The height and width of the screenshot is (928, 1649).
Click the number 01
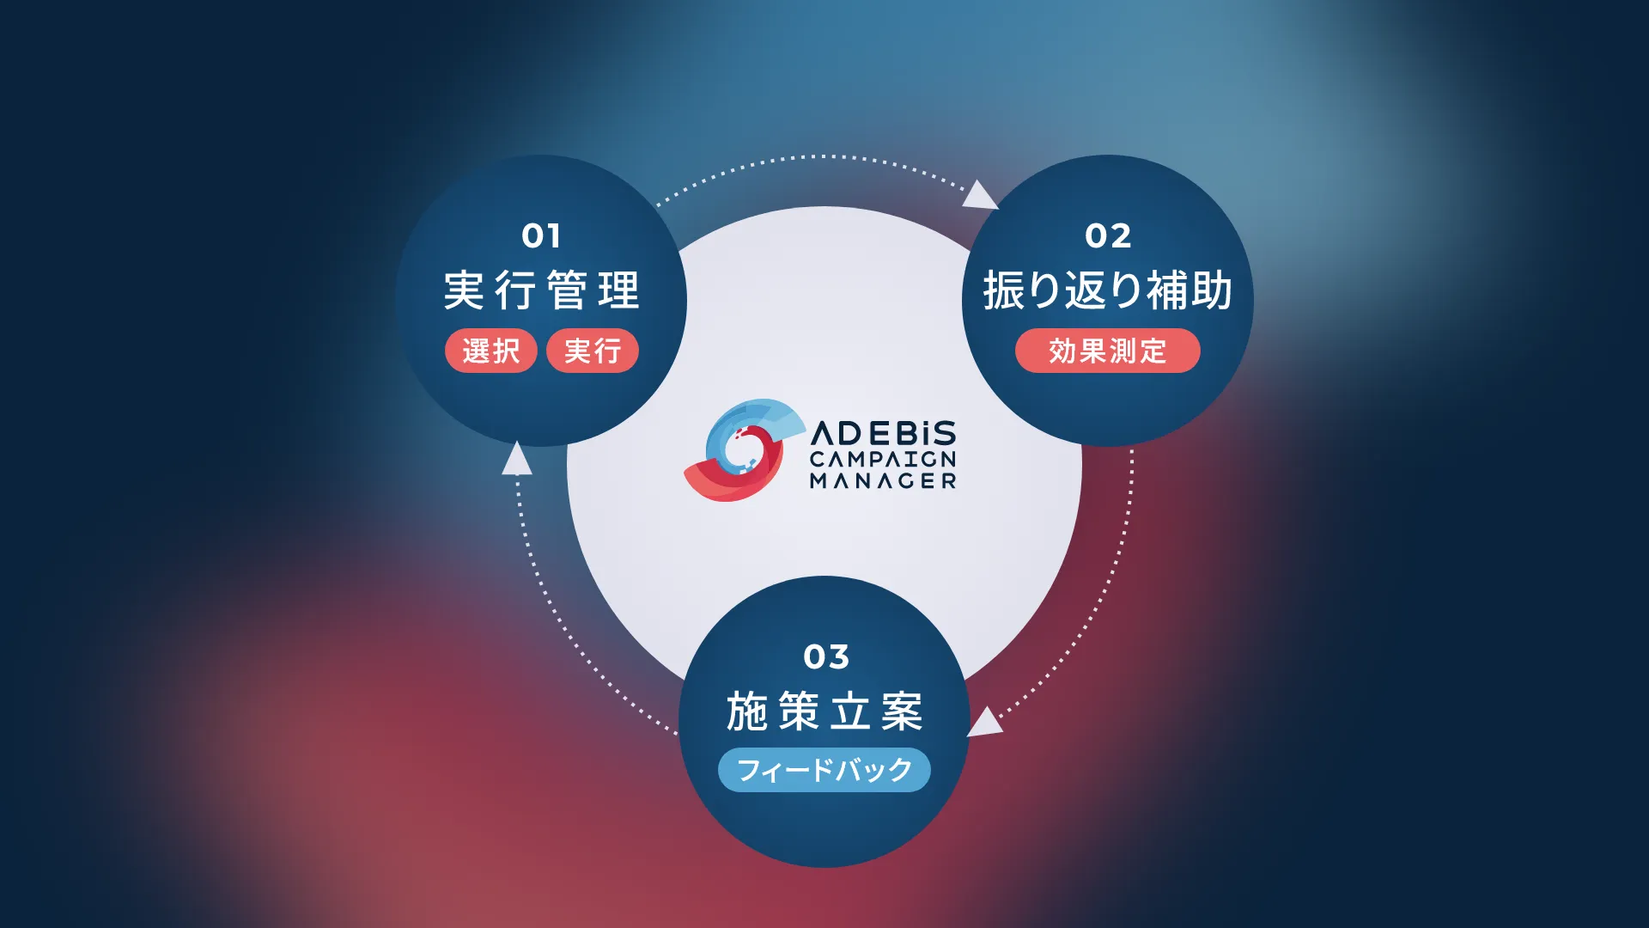pyautogui.click(x=541, y=235)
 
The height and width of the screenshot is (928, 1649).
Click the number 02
pyautogui.click(x=1108, y=235)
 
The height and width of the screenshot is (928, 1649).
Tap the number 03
pyautogui.click(x=826, y=656)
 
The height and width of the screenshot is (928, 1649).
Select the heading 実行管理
pyautogui.click(x=541, y=290)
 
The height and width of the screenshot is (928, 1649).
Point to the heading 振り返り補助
pyautogui.click(x=1108, y=290)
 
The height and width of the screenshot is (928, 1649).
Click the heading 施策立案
pyautogui.click(x=824, y=711)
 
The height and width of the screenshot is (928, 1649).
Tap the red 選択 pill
pyautogui.click(x=491, y=351)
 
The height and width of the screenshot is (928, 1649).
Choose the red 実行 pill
pyautogui.click(x=593, y=351)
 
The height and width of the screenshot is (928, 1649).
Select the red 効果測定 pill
pyautogui.click(x=1107, y=351)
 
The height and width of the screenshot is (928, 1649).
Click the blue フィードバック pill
pyautogui.click(x=824, y=770)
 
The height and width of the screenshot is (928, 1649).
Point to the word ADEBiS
pyautogui.click(x=883, y=432)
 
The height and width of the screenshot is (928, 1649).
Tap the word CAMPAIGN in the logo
pyautogui.click(x=883, y=459)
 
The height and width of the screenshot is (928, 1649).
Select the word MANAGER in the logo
pyautogui.click(x=883, y=481)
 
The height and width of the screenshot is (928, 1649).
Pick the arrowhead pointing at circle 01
pyautogui.click(x=516, y=459)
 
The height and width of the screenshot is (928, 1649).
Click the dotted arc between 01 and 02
pyautogui.click(x=816, y=156)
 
